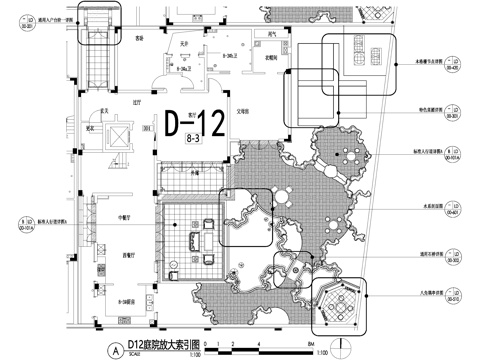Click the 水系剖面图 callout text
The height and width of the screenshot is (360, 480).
point(409,212)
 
